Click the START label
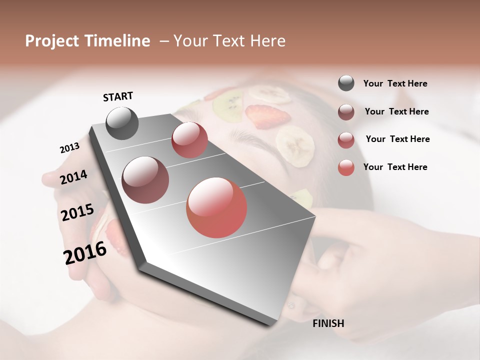118,96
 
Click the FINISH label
328,323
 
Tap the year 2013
69,147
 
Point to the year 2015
77,212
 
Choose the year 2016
85,252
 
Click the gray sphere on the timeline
122,123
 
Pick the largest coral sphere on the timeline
216,207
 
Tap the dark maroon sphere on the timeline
145,180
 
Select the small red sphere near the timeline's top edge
189,139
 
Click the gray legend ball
346,83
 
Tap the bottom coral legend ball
346,167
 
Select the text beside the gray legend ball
395,83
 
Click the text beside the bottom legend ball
395,167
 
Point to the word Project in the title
51,41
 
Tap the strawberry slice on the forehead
268,116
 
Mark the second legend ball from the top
346,111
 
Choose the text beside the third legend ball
397,139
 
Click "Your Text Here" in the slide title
229,41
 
